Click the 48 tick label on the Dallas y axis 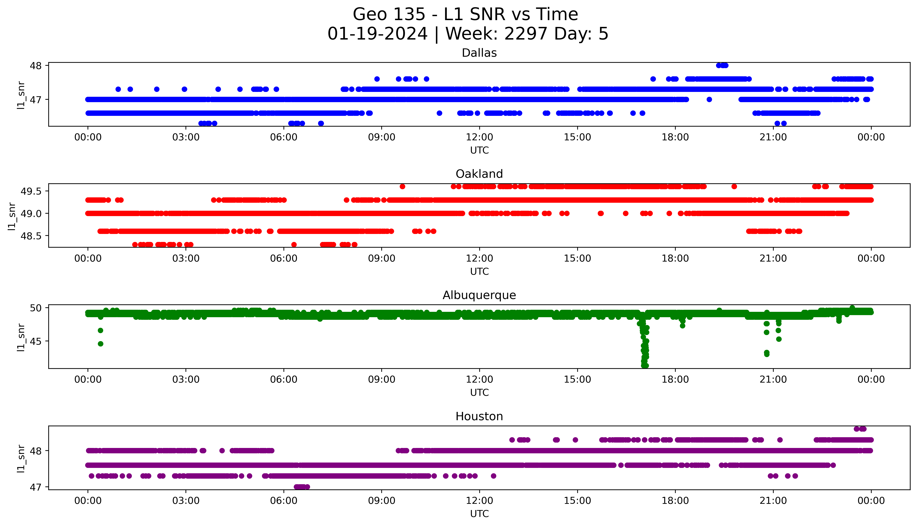36,66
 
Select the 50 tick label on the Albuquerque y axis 36,308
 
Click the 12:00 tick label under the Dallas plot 479,137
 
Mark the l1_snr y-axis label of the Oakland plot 12,216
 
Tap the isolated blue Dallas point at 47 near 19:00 709,99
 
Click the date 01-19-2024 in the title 377,34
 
